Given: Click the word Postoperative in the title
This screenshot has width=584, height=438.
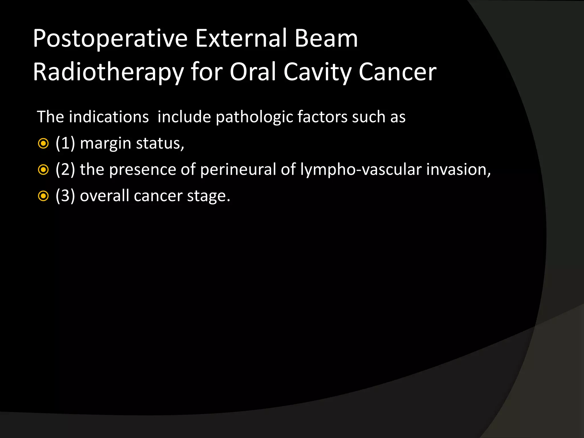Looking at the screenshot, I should click(x=110, y=39).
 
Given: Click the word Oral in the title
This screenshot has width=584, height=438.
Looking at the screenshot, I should click(x=253, y=72).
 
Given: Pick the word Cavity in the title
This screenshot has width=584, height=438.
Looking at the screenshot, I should click(x=318, y=72).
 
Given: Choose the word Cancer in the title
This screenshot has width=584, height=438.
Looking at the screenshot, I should click(x=397, y=72).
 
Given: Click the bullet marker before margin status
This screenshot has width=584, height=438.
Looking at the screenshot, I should click(x=43, y=144).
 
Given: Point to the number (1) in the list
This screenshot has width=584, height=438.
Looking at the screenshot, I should click(x=65, y=143).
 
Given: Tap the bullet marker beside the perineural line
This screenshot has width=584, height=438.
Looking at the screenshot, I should click(x=43, y=170).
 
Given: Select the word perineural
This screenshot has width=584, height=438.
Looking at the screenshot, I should click(x=238, y=170).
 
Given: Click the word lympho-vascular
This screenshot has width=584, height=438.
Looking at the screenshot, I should click(x=361, y=170).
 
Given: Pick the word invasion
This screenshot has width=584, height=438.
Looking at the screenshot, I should click(x=458, y=169).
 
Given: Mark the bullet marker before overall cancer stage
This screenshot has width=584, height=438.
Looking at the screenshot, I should click(x=43, y=196).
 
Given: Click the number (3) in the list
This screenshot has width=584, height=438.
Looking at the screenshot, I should click(x=65, y=196).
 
